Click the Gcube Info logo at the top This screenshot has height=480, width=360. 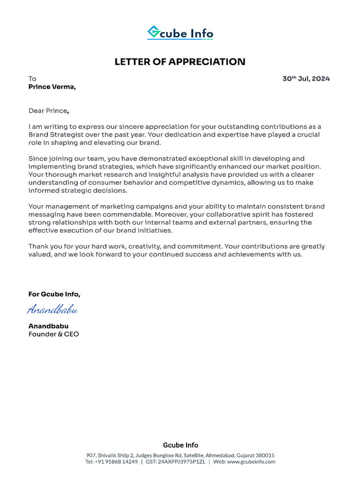coord(180,33)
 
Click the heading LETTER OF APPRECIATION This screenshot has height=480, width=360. coord(180,62)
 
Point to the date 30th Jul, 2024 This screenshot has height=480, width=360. coord(306,79)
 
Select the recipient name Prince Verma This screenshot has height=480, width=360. coord(52,87)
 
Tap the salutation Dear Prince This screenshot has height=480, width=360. coord(49,111)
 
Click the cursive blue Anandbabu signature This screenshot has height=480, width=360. coord(52,309)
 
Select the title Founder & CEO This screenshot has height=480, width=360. coord(53,334)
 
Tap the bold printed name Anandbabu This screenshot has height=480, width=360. coord(48,326)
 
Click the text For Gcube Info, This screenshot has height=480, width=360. coord(54,294)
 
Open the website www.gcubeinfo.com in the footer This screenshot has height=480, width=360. coord(251,462)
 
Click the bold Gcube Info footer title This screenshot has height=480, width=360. coord(180,445)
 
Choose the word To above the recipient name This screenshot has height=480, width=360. coord(32,79)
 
